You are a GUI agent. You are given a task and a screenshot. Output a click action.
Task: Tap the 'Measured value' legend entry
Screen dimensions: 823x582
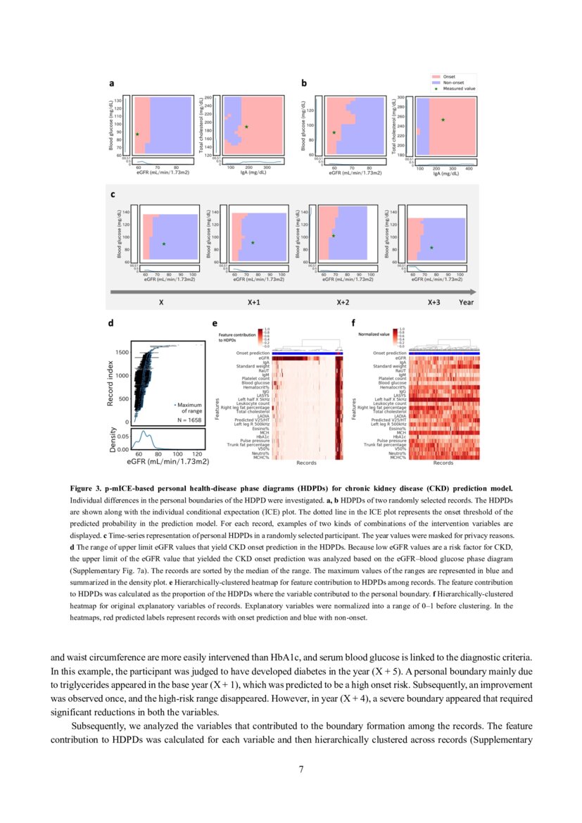458,89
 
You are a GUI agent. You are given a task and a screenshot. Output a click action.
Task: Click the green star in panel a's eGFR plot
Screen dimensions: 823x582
137,134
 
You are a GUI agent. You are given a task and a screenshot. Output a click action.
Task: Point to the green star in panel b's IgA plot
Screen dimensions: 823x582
443,120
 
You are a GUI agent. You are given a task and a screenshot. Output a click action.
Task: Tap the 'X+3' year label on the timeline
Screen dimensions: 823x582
435,302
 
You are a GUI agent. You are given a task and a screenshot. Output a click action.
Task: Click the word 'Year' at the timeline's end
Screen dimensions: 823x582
466,302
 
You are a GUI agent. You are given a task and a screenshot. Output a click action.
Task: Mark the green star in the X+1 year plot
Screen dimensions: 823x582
253,243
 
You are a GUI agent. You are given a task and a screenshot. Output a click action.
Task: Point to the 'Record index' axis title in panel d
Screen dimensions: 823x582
112,383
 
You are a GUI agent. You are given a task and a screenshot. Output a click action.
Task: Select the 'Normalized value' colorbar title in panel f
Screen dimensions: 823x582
374,334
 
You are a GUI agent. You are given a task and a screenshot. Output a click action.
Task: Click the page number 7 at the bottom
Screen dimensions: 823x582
301,769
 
